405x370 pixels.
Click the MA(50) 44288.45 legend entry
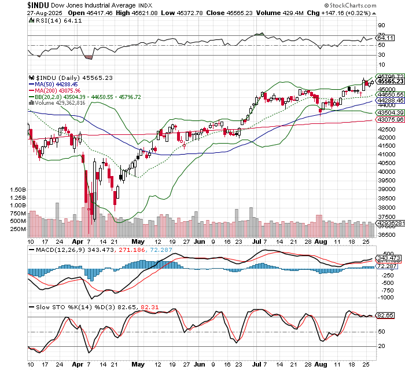click(x=57, y=83)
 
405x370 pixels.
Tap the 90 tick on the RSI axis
click(x=381, y=25)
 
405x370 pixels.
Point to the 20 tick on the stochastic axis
click(x=381, y=346)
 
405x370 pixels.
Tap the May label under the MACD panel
click(x=137, y=244)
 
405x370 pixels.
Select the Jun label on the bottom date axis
click(x=199, y=365)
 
